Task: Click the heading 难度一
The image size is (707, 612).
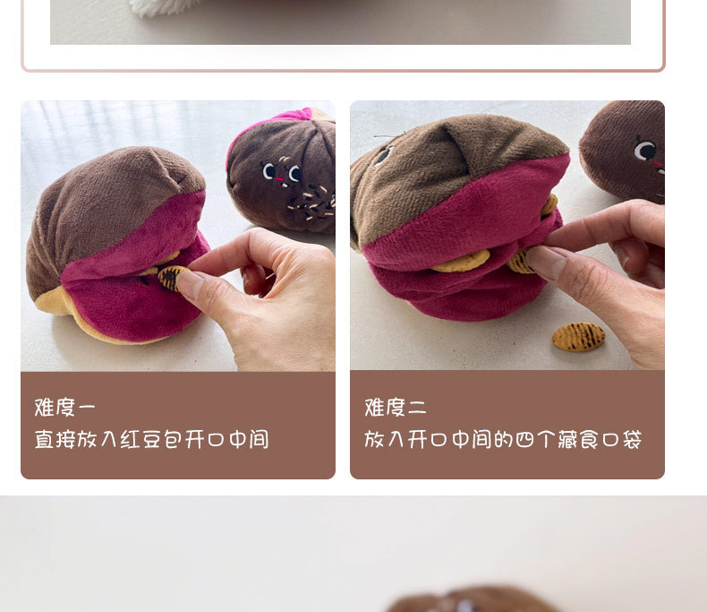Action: pos(65,407)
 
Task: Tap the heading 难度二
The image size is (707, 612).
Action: pos(396,407)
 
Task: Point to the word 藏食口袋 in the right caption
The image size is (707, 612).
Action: pos(600,439)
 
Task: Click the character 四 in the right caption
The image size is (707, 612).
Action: pos(524,440)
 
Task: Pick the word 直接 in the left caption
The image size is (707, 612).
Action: pos(55,439)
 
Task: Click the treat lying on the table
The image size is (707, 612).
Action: pos(578,337)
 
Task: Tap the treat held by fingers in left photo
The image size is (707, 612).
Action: pos(170,278)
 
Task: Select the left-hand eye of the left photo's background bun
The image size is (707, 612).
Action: pos(269,170)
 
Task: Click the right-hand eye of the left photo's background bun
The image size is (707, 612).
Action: pos(295,173)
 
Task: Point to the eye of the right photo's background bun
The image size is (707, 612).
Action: pos(644,151)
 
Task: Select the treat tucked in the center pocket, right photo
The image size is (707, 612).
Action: pos(461,262)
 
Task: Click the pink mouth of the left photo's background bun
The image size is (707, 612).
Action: pos(280,180)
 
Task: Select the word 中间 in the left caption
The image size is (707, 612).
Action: pos(249,439)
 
